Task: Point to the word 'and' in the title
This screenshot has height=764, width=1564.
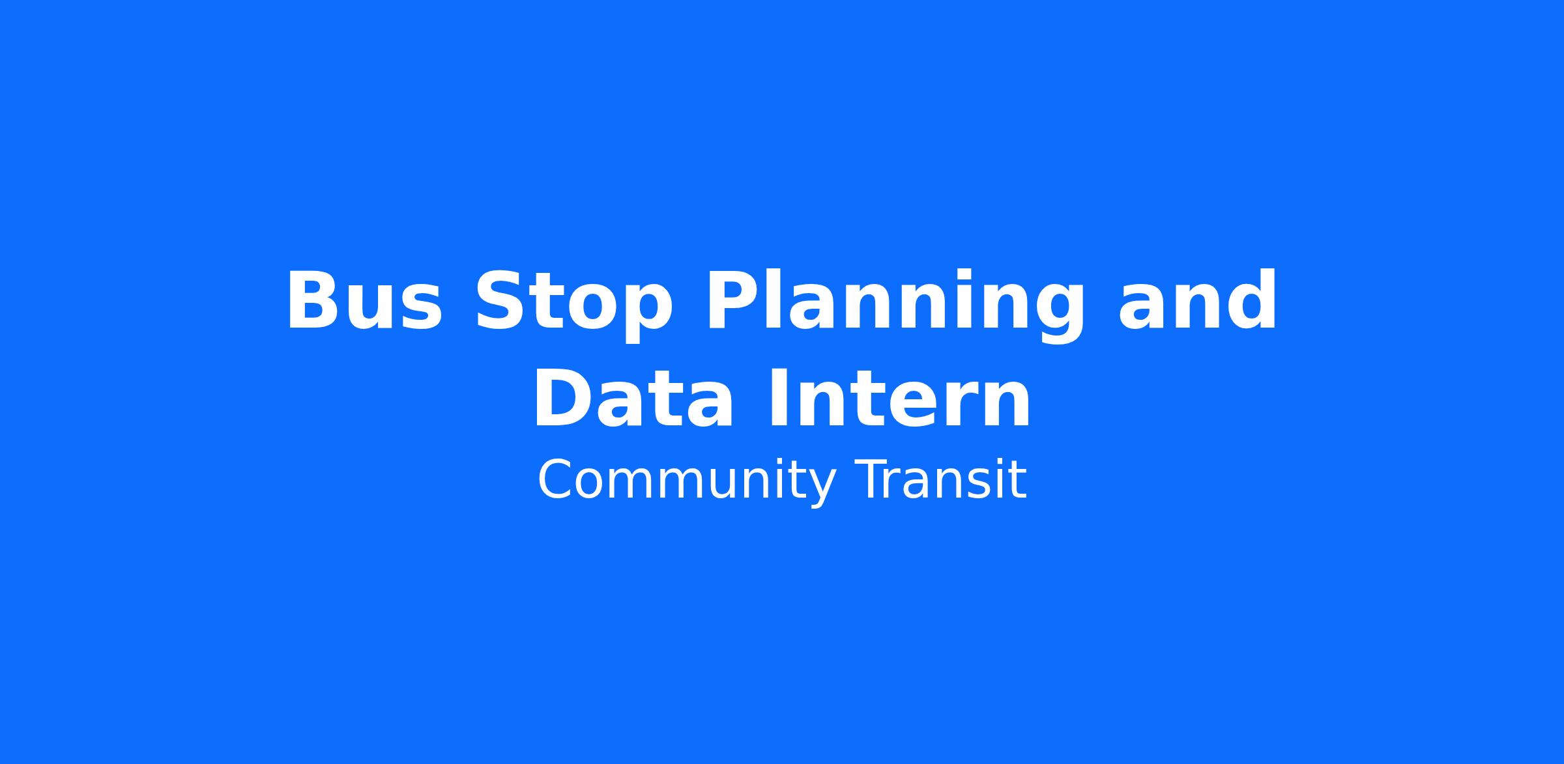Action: point(1198,300)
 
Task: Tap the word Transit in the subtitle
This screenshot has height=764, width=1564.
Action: point(944,479)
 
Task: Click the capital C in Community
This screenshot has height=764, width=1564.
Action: point(554,479)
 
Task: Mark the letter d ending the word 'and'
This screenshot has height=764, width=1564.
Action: point(1250,300)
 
